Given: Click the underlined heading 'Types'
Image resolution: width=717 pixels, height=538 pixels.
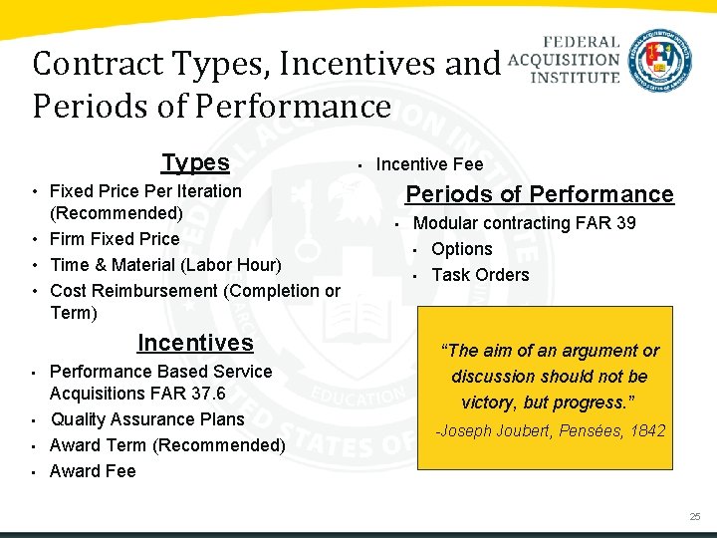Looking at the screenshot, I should pos(195,163).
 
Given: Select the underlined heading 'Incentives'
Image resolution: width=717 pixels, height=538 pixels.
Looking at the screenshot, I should pos(195,344).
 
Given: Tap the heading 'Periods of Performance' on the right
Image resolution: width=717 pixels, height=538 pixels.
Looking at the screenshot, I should pos(540,194).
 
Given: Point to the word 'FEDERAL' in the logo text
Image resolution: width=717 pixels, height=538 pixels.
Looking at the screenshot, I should pos(583,42).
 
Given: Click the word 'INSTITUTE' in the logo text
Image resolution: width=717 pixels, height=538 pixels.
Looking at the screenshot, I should pos(575,76).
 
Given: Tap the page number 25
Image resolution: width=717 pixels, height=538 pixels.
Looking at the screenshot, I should pos(694,516).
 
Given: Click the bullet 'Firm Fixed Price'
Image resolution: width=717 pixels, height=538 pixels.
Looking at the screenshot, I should pos(115,239).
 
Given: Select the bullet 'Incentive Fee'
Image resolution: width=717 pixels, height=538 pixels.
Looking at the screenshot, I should pos(429,164).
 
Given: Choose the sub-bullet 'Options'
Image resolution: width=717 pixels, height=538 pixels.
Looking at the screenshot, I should pos(462,249).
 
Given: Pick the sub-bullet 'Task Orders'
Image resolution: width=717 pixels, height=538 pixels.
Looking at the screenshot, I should pos(480,275).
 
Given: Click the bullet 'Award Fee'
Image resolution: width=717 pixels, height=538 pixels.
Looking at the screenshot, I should pos(93,471).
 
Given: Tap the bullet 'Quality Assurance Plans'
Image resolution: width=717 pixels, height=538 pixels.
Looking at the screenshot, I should pos(146,419).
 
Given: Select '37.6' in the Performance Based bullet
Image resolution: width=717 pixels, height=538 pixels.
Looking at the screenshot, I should pos(208,394).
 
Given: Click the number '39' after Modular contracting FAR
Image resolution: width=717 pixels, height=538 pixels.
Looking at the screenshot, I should pos(625,223).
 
